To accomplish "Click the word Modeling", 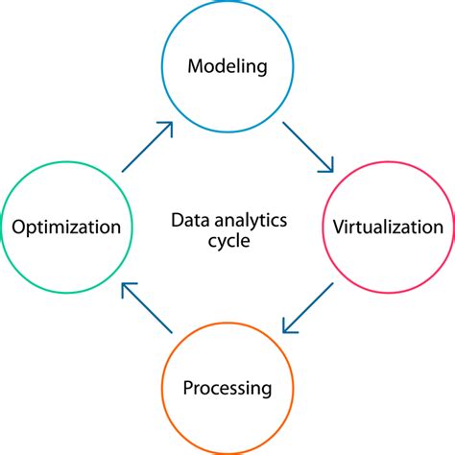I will [227, 67].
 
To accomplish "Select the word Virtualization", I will [387, 227].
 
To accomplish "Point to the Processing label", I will [227, 389].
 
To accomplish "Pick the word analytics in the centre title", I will [246, 220].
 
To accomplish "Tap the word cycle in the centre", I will [227, 241].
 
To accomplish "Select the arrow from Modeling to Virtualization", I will [307, 147].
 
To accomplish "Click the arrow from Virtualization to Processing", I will [307, 307].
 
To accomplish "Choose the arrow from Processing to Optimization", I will [147, 307].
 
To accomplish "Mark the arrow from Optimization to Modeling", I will [147, 147].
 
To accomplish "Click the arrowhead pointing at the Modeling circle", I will [167, 127].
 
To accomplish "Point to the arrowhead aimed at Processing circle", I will [287, 327].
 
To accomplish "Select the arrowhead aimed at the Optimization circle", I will [127, 287].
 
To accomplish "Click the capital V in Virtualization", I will [338, 227].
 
